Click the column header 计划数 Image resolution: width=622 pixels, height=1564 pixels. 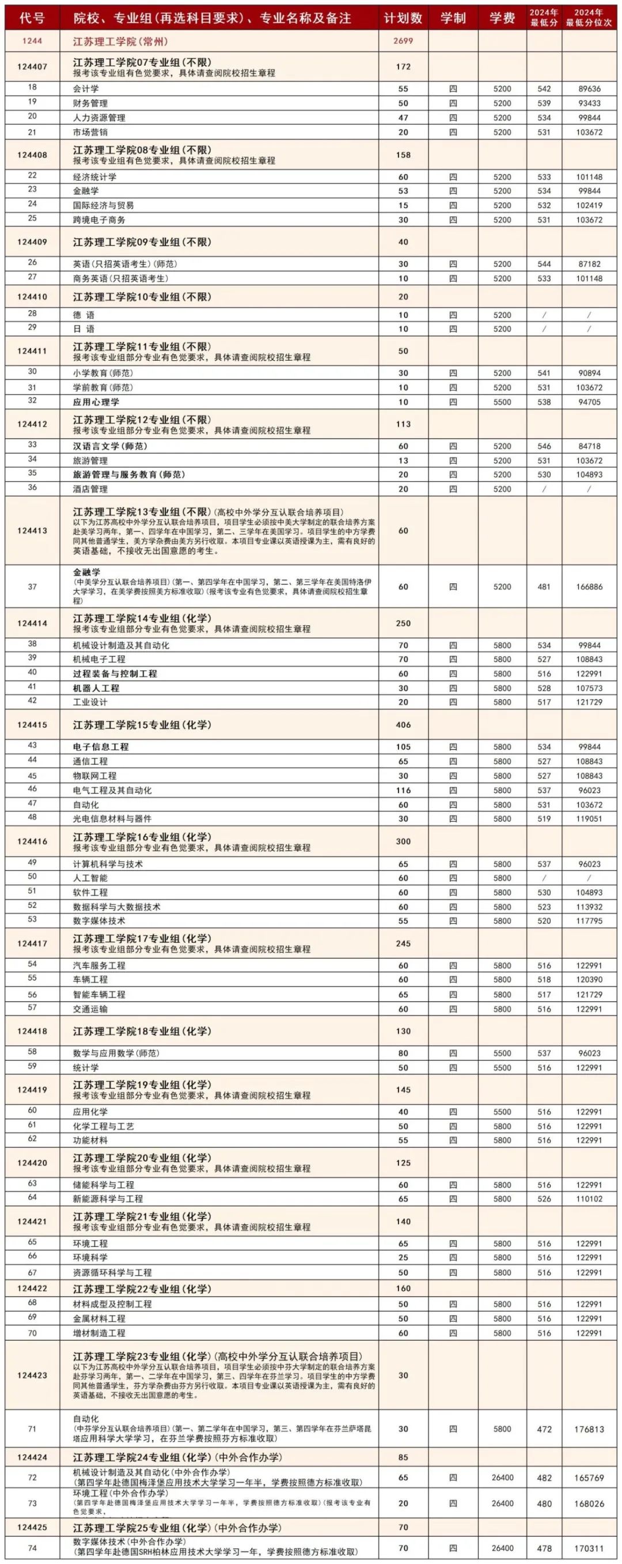click(x=403, y=18)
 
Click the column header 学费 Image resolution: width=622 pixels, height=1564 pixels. click(x=502, y=18)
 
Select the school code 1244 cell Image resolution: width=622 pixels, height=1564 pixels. click(x=32, y=41)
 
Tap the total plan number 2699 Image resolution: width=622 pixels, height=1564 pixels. click(x=403, y=41)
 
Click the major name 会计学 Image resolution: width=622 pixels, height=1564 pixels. click(x=86, y=89)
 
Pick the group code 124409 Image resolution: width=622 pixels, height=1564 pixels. click(x=32, y=241)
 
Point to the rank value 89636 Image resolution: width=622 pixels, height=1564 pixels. click(x=589, y=89)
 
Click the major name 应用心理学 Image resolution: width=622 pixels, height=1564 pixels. click(x=96, y=402)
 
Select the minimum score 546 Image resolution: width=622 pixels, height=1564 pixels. click(x=544, y=446)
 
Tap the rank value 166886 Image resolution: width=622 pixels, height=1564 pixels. click(x=589, y=587)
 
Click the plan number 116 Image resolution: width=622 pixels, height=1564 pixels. click(x=403, y=791)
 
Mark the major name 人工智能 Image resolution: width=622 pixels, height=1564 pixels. click(x=90, y=878)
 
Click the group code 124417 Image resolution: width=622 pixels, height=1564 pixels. click(x=32, y=943)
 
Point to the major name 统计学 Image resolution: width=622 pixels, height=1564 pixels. click(x=86, y=1068)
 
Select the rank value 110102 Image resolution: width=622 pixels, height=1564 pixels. click(x=589, y=1199)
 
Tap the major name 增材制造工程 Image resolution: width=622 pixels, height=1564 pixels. click(x=99, y=1333)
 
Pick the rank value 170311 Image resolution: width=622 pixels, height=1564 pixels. click(x=589, y=1548)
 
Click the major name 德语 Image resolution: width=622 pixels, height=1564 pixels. click(x=84, y=315)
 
